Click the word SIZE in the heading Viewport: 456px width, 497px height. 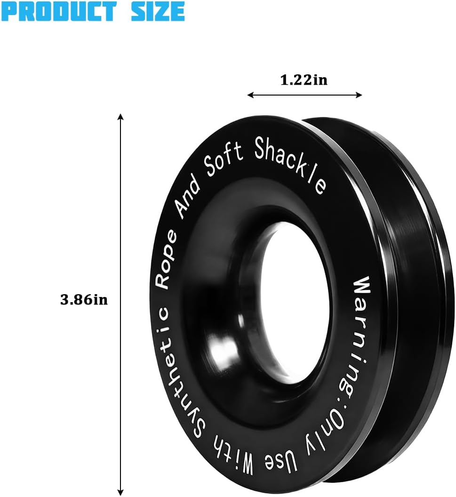coord(158,11)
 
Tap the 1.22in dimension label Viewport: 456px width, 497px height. coord(304,80)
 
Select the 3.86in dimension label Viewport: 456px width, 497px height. coord(84,299)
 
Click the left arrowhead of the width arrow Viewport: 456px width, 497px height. coord(250,95)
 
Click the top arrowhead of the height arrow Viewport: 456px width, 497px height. coord(120,117)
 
